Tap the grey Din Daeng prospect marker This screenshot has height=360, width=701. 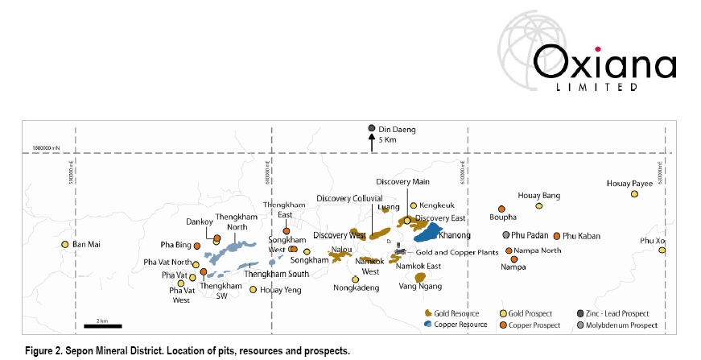tap(371, 128)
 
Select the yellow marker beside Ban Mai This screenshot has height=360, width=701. tap(65, 244)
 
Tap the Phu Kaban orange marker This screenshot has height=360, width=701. tap(556, 236)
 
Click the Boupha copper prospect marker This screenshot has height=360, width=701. tap(501, 209)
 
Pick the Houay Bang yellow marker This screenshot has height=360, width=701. tap(539, 206)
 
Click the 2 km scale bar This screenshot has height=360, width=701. tap(103, 326)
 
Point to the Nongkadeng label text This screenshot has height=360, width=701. tap(357, 288)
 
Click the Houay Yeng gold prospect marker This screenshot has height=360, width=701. tap(254, 290)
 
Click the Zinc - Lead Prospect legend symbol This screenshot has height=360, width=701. tap(580, 313)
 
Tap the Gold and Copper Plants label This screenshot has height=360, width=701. tap(447, 252)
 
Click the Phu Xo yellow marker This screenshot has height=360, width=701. tap(662, 250)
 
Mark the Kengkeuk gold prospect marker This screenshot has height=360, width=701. tap(413, 205)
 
